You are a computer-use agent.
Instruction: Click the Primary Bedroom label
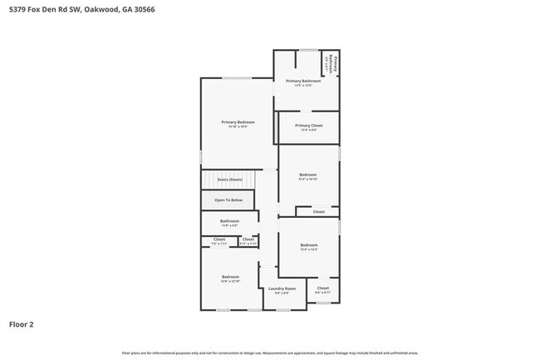point(238,122)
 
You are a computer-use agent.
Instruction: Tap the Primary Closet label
point(309,126)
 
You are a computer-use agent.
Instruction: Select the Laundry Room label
point(282,288)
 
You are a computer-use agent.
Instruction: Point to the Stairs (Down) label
point(229,180)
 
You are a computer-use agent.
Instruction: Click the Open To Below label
point(228,200)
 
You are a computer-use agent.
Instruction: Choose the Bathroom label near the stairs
point(229,221)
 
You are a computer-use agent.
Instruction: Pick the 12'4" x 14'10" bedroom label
point(308,175)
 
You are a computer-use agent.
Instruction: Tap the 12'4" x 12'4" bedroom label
point(308,245)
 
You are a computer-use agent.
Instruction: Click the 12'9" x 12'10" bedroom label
point(229,277)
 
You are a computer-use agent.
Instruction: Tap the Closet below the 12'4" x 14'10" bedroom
point(319,212)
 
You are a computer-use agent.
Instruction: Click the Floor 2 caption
point(22,324)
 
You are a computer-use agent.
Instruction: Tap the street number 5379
point(16,10)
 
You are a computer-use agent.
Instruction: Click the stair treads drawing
point(228,180)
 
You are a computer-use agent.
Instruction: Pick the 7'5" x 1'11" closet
point(219,240)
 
